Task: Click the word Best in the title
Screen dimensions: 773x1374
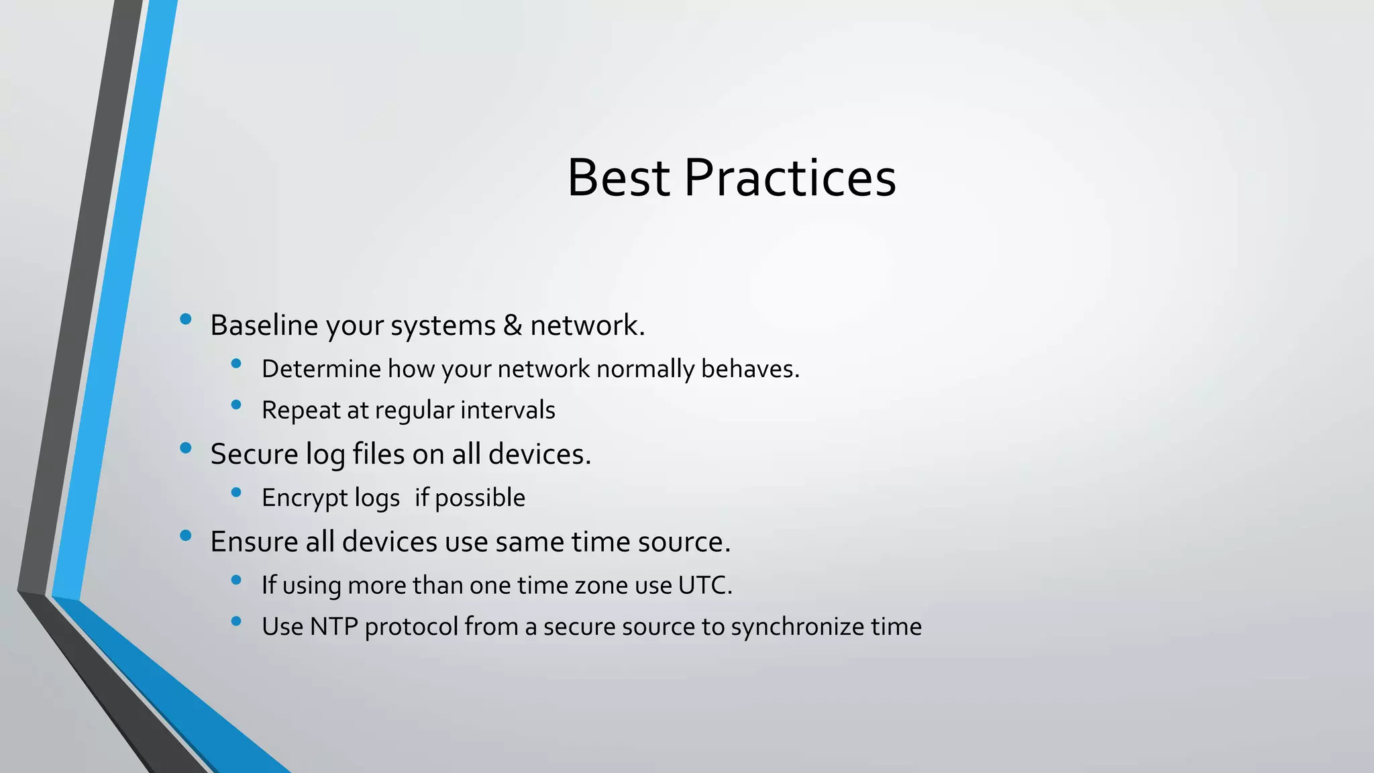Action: [618, 178]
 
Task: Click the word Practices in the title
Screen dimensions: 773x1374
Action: [790, 178]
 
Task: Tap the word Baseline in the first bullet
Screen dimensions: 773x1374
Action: [264, 325]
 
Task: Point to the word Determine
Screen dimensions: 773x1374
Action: [321, 369]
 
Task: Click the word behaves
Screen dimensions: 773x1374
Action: [750, 369]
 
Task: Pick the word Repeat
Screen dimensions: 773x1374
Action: [301, 411]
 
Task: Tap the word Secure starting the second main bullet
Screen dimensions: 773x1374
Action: [254, 454]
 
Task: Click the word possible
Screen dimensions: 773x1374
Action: [480, 499]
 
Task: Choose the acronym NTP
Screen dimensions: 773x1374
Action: [333, 627]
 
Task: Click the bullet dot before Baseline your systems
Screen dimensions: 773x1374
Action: [186, 319]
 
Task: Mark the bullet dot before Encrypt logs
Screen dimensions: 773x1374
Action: [235, 493]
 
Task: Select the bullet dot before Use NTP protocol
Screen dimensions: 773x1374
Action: [235, 621]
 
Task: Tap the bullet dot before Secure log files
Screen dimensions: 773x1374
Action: [186, 448]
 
